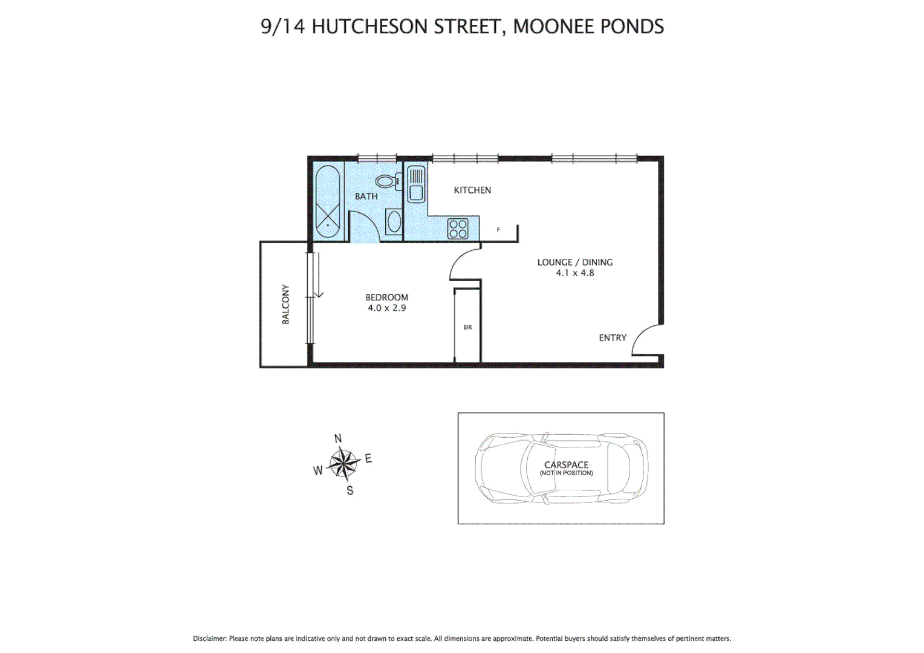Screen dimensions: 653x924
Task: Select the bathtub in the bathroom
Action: click(328, 203)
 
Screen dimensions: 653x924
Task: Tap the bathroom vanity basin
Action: click(394, 222)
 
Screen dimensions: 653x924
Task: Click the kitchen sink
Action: click(415, 184)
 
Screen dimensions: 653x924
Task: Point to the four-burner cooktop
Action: click(458, 229)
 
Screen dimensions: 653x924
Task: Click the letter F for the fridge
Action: click(498, 230)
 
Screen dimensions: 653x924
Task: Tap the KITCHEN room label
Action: click(472, 190)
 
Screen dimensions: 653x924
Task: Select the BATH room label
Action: click(366, 196)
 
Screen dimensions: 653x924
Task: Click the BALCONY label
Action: click(285, 304)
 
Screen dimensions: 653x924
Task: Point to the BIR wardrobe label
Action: click(467, 327)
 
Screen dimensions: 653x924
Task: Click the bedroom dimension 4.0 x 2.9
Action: click(387, 308)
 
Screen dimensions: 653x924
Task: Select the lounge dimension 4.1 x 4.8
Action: click(575, 273)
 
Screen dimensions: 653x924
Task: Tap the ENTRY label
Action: click(613, 338)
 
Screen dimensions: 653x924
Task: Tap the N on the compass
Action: click(338, 439)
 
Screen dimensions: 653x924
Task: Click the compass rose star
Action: click(343, 464)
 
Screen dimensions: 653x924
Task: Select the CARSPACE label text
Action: click(566, 464)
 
